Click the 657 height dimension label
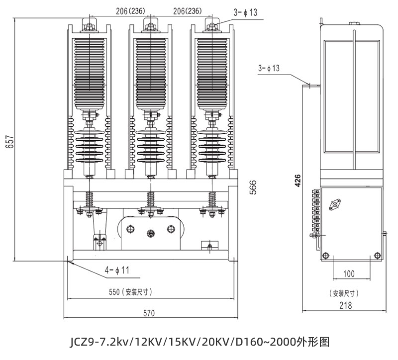point(10,142)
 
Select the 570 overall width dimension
point(149,313)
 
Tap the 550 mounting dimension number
point(114,292)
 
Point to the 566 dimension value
point(253,187)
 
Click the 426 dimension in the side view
point(298,180)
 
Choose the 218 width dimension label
point(346,305)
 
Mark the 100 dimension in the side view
point(349,274)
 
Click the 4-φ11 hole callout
point(117,270)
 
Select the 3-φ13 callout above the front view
point(245,12)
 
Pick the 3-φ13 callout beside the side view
point(269,68)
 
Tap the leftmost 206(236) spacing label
point(130,11)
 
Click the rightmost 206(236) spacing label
point(188,11)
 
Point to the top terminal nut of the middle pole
point(151,26)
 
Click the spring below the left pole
point(89,200)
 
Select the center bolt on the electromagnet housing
point(151,233)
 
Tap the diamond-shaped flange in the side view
point(335,205)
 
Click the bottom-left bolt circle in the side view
point(325,255)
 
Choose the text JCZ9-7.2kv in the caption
point(99,342)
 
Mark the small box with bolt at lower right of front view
point(209,245)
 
